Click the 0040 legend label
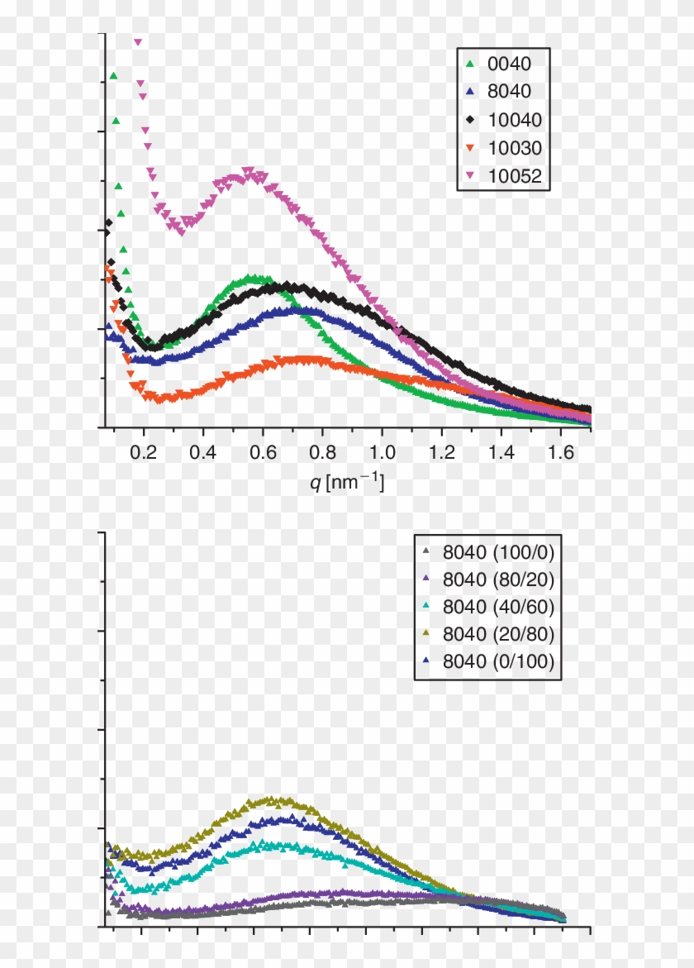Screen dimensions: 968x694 (509, 64)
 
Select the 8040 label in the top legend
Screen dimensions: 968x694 (509, 92)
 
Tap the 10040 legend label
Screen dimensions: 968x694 (514, 120)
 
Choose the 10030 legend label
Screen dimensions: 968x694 (514, 148)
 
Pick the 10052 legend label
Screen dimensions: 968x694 (514, 175)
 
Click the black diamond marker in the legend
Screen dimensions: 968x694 (470, 120)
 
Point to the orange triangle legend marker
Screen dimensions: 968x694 (470, 149)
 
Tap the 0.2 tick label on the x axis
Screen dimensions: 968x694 (144, 453)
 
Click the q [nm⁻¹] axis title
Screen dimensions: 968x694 (346, 482)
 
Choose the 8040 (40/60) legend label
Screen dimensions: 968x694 (498, 606)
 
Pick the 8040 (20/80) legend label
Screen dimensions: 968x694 (498, 634)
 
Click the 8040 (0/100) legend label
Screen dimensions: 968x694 (498, 661)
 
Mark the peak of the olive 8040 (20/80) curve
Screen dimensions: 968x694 (277, 800)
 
